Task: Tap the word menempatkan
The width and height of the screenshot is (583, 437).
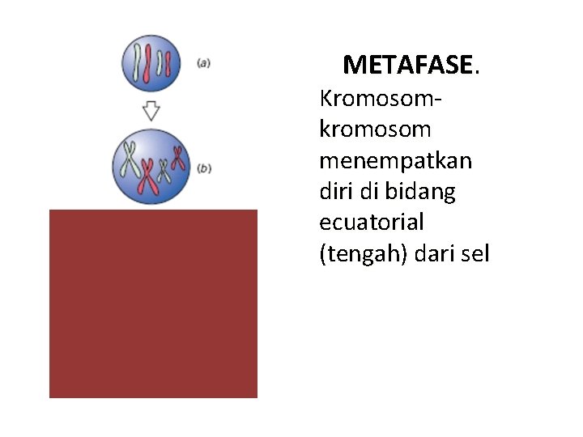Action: pos(396,160)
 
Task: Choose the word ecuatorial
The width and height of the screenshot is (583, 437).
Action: pos(372,223)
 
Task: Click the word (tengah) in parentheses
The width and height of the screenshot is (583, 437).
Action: pos(363,254)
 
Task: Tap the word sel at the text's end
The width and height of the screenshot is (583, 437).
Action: pos(477,254)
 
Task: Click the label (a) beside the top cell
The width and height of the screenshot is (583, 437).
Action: pos(203,63)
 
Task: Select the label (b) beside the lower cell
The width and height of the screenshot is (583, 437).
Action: pos(205,168)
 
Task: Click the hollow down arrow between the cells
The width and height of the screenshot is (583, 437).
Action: pos(151,110)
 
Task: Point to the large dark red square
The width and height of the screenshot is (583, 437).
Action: pos(153,303)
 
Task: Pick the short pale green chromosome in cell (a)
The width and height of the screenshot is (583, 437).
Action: pos(160,62)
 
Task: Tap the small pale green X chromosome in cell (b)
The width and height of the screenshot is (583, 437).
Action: pos(163,171)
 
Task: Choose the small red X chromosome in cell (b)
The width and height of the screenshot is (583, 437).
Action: pos(177,158)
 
